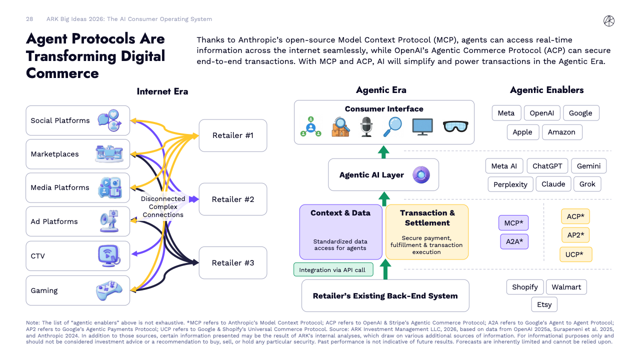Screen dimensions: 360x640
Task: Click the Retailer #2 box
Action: pos(232,199)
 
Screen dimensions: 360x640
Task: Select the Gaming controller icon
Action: pos(109,290)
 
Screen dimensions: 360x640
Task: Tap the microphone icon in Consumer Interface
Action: pos(367,127)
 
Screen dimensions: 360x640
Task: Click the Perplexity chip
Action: pos(510,184)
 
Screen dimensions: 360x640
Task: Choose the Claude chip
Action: pos(553,184)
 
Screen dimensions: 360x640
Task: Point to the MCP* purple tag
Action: pos(513,222)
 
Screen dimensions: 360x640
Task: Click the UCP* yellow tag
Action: pos(575,254)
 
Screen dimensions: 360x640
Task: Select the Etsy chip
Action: pos(544,304)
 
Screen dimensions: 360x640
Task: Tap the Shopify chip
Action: pos(524,287)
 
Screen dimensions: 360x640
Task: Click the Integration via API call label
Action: pos(332,270)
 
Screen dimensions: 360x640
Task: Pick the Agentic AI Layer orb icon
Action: pos(421,175)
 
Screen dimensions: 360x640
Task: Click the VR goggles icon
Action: pos(455,126)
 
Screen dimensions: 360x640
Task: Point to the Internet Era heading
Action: pos(162,91)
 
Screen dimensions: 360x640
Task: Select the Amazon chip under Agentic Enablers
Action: pos(561,132)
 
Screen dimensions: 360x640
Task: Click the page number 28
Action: pos(29,19)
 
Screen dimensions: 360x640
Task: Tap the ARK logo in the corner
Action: pos(609,20)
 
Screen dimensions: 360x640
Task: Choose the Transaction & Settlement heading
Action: pos(427,217)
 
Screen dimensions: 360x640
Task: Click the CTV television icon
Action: pos(108,255)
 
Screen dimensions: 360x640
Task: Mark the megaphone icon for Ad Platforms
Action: pos(108,221)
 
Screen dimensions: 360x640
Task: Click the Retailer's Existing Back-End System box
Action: pos(385,295)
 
